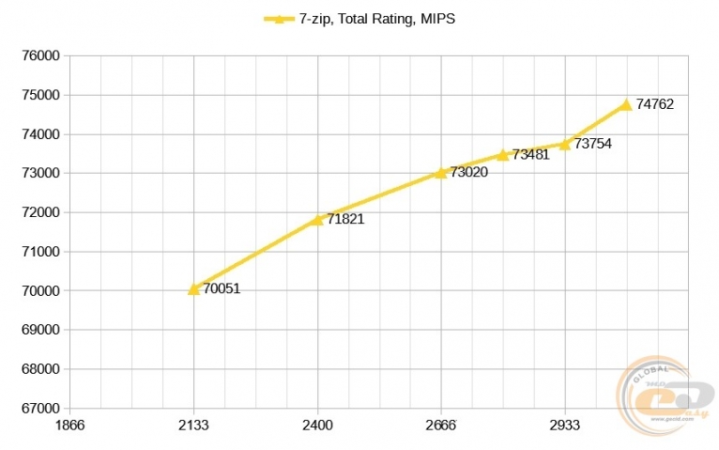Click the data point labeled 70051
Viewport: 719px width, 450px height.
193,289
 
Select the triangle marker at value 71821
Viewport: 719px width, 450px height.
317,220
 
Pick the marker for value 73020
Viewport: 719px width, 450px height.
441,173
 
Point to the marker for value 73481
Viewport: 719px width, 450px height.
502,155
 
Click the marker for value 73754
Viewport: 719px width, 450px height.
565,144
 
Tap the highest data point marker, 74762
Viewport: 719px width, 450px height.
626,104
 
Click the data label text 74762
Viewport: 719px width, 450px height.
654,104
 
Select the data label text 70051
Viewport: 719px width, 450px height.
222,289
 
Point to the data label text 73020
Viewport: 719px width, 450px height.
468,173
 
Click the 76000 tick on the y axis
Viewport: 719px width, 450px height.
40,55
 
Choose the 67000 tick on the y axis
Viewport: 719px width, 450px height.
40,409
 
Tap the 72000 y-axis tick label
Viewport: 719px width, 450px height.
40,212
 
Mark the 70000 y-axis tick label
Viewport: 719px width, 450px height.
40,291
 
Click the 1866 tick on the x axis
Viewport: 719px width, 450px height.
70,425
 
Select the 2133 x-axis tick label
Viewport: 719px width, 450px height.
193,425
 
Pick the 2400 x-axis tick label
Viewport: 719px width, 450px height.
317,425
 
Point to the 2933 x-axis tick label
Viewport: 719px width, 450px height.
565,425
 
